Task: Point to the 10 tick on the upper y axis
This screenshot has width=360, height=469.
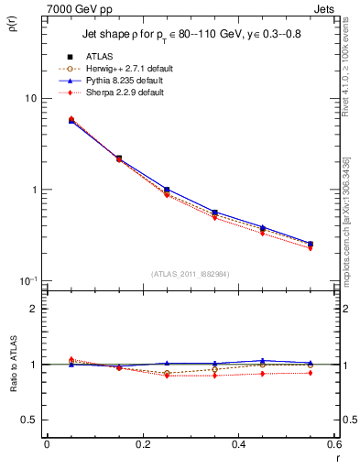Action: (30, 98)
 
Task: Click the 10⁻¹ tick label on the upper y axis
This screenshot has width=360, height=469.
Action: (27, 280)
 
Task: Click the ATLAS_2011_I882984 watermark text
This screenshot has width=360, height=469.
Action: (191, 273)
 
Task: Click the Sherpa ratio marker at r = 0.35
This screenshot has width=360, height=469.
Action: (214, 376)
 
